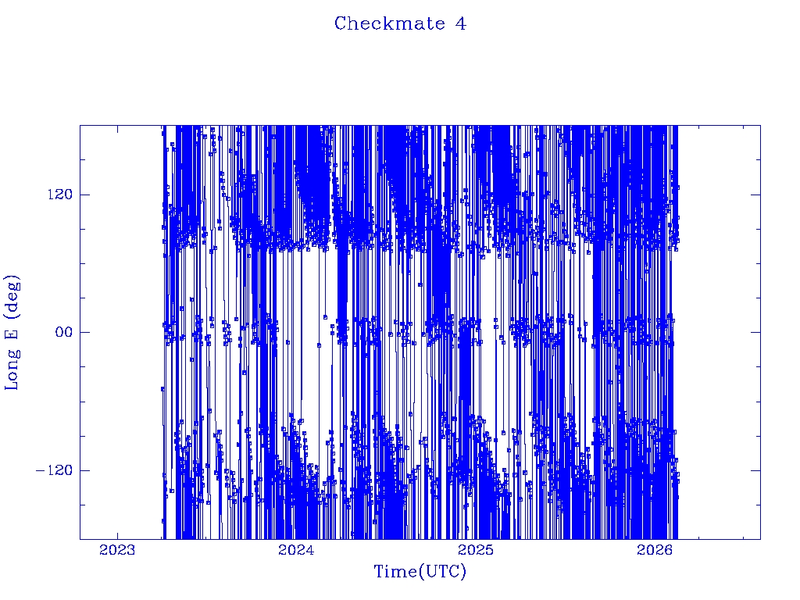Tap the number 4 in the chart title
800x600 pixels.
[461, 24]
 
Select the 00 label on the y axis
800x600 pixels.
[62, 332]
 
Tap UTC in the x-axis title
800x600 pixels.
[442, 572]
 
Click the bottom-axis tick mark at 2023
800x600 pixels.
[117, 535]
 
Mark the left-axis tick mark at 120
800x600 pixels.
[84, 195]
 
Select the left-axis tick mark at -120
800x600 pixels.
[84, 470]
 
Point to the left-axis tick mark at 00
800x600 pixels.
[84, 332]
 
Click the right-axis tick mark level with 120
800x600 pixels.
[755, 195]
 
